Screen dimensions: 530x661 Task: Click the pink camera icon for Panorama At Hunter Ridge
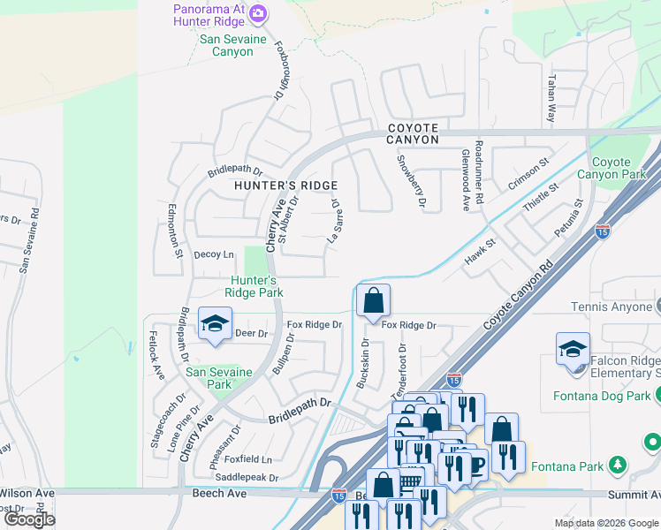pyautogui.click(x=258, y=12)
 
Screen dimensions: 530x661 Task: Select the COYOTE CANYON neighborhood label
pyautogui.click(x=413, y=133)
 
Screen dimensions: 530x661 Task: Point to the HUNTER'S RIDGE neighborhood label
pyautogui.click(x=285, y=185)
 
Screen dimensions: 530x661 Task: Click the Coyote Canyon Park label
pyautogui.click(x=611, y=168)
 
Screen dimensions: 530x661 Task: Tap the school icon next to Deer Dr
pyautogui.click(x=215, y=325)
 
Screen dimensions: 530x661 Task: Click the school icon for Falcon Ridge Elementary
pyautogui.click(x=573, y=350)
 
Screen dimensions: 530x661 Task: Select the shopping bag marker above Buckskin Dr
pyautogui.click(x=373, y=301)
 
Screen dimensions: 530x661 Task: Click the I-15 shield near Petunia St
pyautogui.click(x=602, y=231)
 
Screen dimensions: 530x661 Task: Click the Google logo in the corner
pyautogui.click(x=29, y=519)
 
